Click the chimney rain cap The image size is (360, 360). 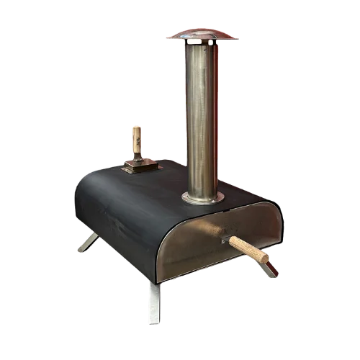coord(202,34)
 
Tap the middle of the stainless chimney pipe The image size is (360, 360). coord(202,115)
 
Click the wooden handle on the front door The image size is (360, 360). coord(248,249)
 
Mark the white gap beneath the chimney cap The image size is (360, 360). coord(202,45)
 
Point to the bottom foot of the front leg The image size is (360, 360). coord(156,322)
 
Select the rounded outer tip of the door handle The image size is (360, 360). coord(266,257)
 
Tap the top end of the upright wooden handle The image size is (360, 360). coord(137,127)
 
